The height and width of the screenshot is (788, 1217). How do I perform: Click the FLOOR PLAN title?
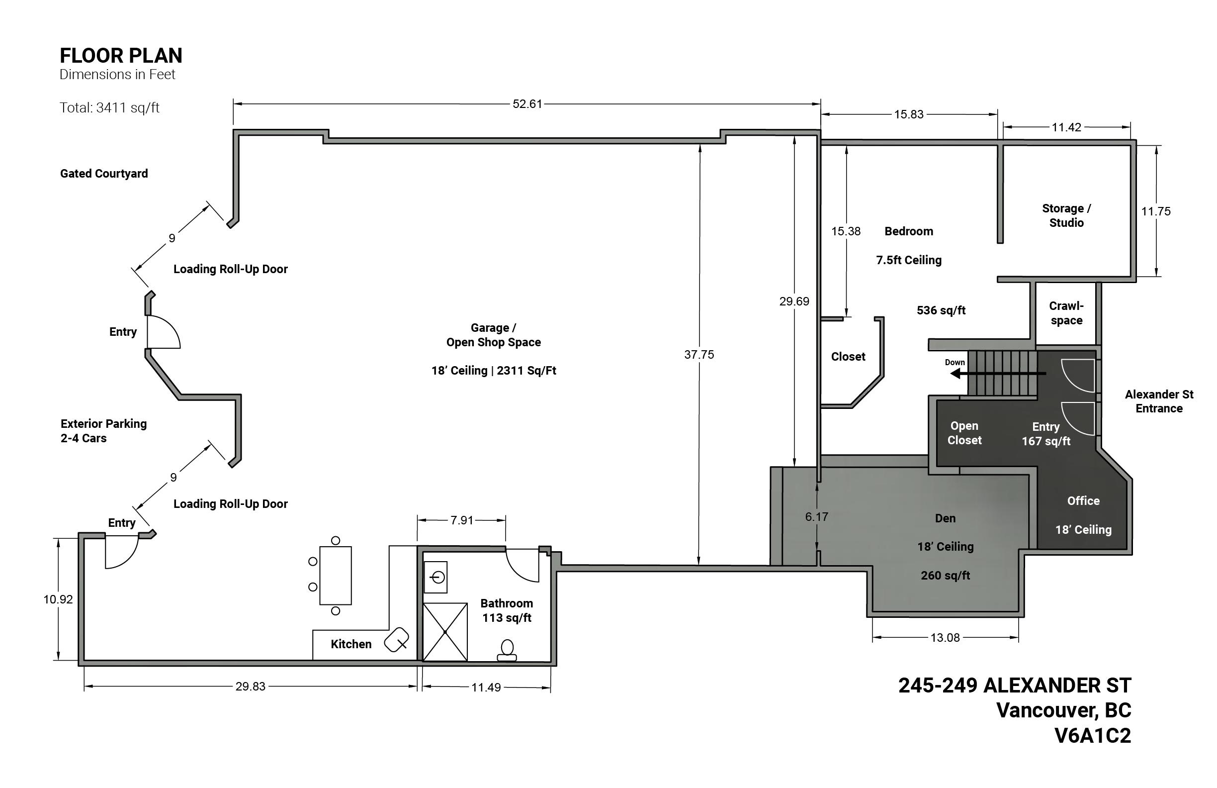click(121, 55)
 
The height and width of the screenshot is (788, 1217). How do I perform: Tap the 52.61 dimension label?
click(527, 104)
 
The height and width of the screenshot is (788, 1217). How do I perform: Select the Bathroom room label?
click(506, 603)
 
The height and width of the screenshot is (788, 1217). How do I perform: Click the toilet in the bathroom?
click(507, 650)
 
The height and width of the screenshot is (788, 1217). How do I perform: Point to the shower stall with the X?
click(445, 632)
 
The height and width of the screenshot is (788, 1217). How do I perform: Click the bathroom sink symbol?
click(435, 577)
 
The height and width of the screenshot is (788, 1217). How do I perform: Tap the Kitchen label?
click(351, 644)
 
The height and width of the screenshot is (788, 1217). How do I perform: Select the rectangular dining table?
click(336, 576)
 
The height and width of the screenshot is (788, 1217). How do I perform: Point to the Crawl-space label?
click(1066, 313)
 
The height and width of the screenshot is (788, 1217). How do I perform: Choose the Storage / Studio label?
click(1066, 215)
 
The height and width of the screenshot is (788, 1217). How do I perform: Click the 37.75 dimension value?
click(699, 354)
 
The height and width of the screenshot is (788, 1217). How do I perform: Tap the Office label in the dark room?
click(1083, 501)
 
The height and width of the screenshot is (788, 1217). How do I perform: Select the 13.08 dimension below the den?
click(945, 638)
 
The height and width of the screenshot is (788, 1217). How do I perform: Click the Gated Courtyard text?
click(104, 174)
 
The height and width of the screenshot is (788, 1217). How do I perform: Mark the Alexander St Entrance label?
click(1159, 401)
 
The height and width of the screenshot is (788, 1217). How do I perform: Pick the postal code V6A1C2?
click(1093, 735)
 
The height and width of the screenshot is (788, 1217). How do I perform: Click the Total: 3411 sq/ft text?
click(109, 107)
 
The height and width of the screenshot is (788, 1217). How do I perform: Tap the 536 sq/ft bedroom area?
click(941, 310)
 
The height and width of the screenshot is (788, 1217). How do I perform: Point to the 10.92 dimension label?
click(58, 599)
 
